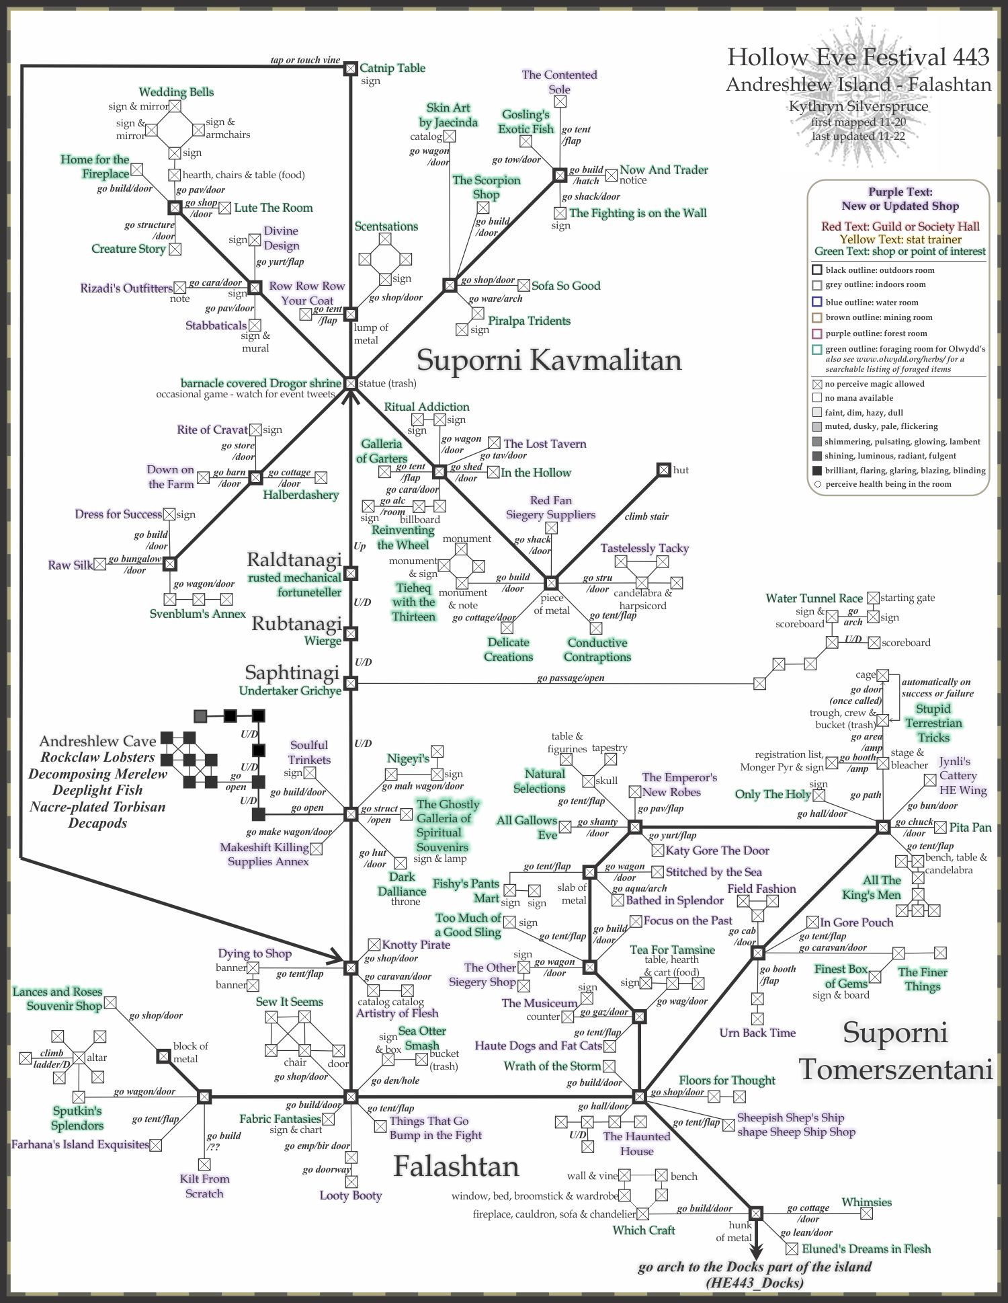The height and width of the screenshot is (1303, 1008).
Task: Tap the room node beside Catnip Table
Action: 350,68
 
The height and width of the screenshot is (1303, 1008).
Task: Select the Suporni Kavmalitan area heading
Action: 549,360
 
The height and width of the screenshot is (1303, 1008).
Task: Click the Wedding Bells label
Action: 176,92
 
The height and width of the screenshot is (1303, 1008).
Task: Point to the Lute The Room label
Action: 274,208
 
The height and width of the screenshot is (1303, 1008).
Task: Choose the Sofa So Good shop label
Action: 566,286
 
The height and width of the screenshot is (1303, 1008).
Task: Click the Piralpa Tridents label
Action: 529,321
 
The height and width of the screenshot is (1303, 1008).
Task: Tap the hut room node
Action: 663,469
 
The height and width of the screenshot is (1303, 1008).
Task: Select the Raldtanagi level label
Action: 294,559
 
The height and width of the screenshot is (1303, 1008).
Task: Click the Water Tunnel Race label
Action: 814,598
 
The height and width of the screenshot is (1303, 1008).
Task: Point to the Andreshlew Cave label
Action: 97,741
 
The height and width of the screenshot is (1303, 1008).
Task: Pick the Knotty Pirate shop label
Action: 416,945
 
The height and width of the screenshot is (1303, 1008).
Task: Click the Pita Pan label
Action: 970,828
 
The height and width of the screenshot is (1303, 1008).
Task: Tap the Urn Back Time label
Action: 757,1033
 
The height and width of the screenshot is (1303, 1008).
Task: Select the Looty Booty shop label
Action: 351,1195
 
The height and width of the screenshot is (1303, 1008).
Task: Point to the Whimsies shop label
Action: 866,1202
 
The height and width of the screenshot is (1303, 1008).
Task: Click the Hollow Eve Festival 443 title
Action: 858,57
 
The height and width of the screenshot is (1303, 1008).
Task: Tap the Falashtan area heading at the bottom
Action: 456,1167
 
